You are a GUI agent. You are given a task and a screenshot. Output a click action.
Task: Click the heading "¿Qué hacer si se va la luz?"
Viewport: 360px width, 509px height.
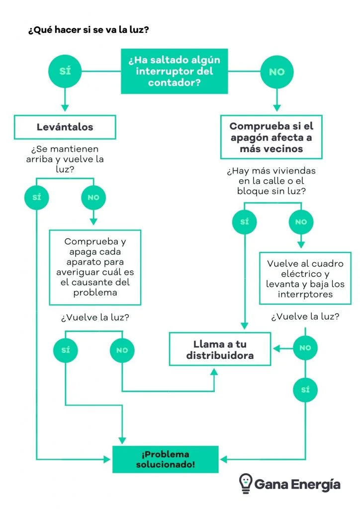pos(89,30)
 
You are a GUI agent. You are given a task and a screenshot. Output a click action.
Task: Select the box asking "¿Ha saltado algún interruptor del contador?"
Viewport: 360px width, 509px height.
pos(174,72)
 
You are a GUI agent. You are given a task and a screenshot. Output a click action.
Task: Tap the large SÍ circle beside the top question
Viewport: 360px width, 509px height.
pos(65,72)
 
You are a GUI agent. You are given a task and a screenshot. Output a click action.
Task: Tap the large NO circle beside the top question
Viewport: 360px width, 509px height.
pos(277,72)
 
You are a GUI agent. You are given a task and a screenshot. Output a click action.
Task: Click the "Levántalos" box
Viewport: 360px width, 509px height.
pos(65,127)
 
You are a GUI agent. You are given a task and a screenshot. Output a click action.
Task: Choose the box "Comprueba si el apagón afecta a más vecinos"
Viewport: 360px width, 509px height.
pos(271,137)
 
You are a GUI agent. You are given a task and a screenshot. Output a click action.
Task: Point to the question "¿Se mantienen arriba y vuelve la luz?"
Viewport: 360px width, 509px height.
pos(65,160)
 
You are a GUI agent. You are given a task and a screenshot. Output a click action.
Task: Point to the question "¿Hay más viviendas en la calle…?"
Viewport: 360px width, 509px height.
pos(271,181)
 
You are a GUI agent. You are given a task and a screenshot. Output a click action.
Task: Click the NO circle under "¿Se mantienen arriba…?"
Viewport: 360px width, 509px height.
pos(93,197)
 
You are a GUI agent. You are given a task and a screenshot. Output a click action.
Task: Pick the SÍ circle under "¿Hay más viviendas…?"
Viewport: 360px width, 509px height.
pos(245,222)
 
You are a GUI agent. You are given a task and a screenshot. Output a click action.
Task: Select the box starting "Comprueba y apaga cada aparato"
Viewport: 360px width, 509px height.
pos(94,267)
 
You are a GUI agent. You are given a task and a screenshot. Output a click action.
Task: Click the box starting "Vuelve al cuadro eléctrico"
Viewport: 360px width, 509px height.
pos(305,278)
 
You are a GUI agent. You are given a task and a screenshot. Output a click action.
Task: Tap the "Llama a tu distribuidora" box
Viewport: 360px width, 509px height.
pos(220,350)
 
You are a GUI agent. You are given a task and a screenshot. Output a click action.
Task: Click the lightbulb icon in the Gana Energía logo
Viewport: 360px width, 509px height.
pos(245,483)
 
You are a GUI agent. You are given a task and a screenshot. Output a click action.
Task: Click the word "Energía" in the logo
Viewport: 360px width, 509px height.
pos(320,484)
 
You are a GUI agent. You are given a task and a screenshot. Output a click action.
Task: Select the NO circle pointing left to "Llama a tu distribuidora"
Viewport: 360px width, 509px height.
pos(305,348)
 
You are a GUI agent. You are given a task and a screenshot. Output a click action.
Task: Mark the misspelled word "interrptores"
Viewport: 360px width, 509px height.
pos(305,295)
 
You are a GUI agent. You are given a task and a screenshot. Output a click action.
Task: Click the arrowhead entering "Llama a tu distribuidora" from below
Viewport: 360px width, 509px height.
pos(214,371)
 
